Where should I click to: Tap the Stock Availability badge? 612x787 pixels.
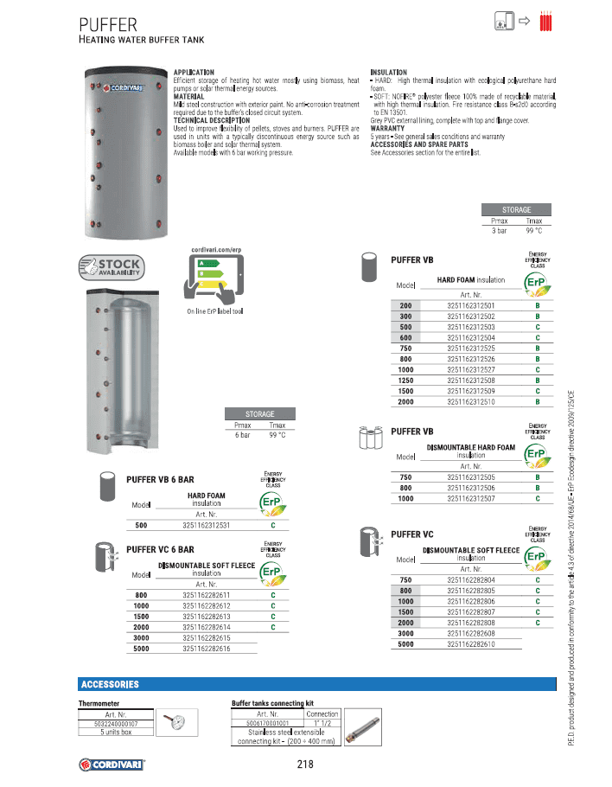click(x=110, y=267)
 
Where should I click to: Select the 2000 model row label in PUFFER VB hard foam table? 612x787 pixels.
click(x=405, y=402)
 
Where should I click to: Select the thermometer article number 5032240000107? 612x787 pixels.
click(x=116, y=723)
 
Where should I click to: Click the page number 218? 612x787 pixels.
click(x=304, y=764)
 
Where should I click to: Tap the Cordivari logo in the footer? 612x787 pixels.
click(x=112, y=765)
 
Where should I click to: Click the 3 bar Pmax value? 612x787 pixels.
click(x=500, y=231)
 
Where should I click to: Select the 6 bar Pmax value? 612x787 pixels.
click(x=242, y=435)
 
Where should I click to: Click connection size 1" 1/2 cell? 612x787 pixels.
click(x=322, y=723)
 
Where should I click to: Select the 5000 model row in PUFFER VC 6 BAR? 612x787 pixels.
click(x=141, y=648)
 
